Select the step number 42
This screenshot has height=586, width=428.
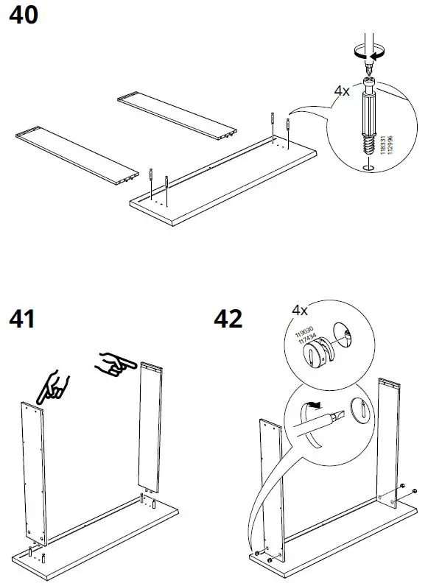(228, 321)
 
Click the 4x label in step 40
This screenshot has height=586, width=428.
(342, 91)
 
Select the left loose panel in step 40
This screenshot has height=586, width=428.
(77, 154)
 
